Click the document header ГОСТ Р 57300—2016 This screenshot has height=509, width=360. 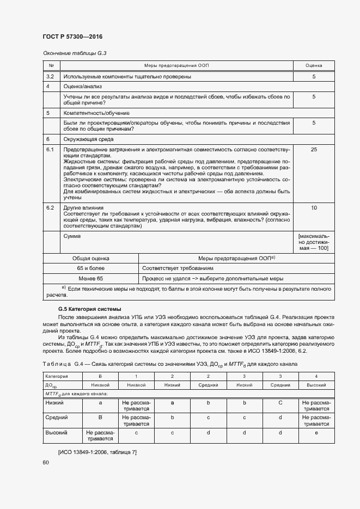coord(72,37)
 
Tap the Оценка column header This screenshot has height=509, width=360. coord(314,65)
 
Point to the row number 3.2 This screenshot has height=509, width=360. coord(50,77)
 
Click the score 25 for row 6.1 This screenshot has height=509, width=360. coord(314,149)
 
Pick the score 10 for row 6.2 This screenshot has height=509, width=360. coord(314,208)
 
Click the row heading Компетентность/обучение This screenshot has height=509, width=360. coord(96,113)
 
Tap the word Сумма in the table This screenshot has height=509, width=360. coord(72,236)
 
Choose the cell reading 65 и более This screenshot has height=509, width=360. coord(91,268)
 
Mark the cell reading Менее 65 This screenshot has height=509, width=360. coord(91,278)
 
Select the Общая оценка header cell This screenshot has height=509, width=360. coord(91,259)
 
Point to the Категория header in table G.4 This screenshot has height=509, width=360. coord(57,376)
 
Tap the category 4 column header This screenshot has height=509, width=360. coord(316,376)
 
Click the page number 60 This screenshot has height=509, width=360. coord(46,462)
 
